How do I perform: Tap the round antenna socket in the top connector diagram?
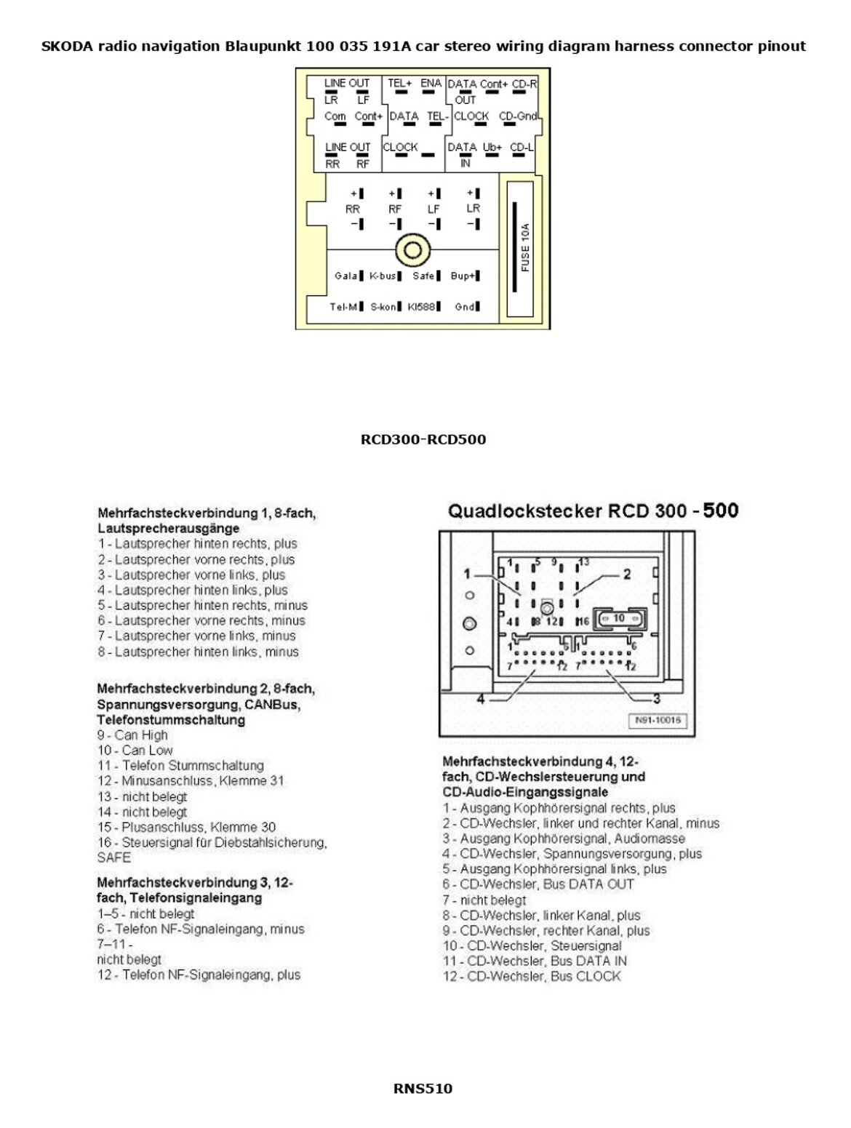(x=412, y=250)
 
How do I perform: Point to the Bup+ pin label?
(x=463, y=276)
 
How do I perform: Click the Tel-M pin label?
(x=343, y=307)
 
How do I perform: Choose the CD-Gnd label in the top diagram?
(x=516, y=116)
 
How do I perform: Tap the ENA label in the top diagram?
(x=431, y=84)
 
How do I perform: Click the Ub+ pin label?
(x=492, y=147)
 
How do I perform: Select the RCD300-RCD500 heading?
(x=423, y=439)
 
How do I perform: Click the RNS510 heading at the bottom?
(x=423, y=1089)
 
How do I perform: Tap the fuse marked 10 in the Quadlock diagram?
(x=619, y=617)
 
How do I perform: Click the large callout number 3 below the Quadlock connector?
(x=656, y=699)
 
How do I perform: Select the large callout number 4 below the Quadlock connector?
(x=480, y=699)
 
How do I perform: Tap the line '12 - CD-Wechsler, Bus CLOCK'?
(x=532, y=976)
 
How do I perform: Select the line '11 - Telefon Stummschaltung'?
(x=180, y=766)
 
